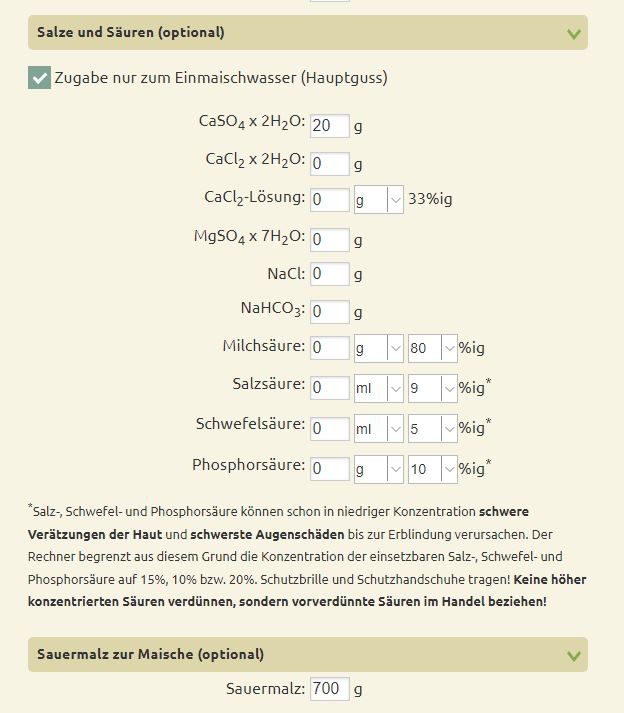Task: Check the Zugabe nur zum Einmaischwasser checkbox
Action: tap(39, 78)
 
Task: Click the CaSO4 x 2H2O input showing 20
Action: tap(329, 125)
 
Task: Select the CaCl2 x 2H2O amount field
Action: tap(329, 163)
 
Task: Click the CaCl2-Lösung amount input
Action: tap(329, 200)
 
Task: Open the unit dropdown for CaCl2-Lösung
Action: tap(379, 200)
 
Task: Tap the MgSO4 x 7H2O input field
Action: tap(329, 240)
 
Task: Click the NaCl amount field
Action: tap(329, 274)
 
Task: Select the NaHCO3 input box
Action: tap(329, 312)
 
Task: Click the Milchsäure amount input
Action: tap(329, 349)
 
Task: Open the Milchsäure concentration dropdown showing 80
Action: tap(432, 349)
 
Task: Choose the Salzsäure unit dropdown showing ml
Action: tap(379, 387)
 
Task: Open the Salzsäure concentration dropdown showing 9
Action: tap(432, 387)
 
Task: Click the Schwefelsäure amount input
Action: tap(329, 429)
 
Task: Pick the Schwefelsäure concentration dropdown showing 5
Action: tap(432, 429)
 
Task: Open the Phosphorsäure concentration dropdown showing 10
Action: tap(432, 468)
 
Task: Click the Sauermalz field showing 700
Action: tap(329, 689)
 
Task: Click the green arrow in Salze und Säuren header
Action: tap(573, 33)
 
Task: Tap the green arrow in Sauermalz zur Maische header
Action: tap(573, 656)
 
